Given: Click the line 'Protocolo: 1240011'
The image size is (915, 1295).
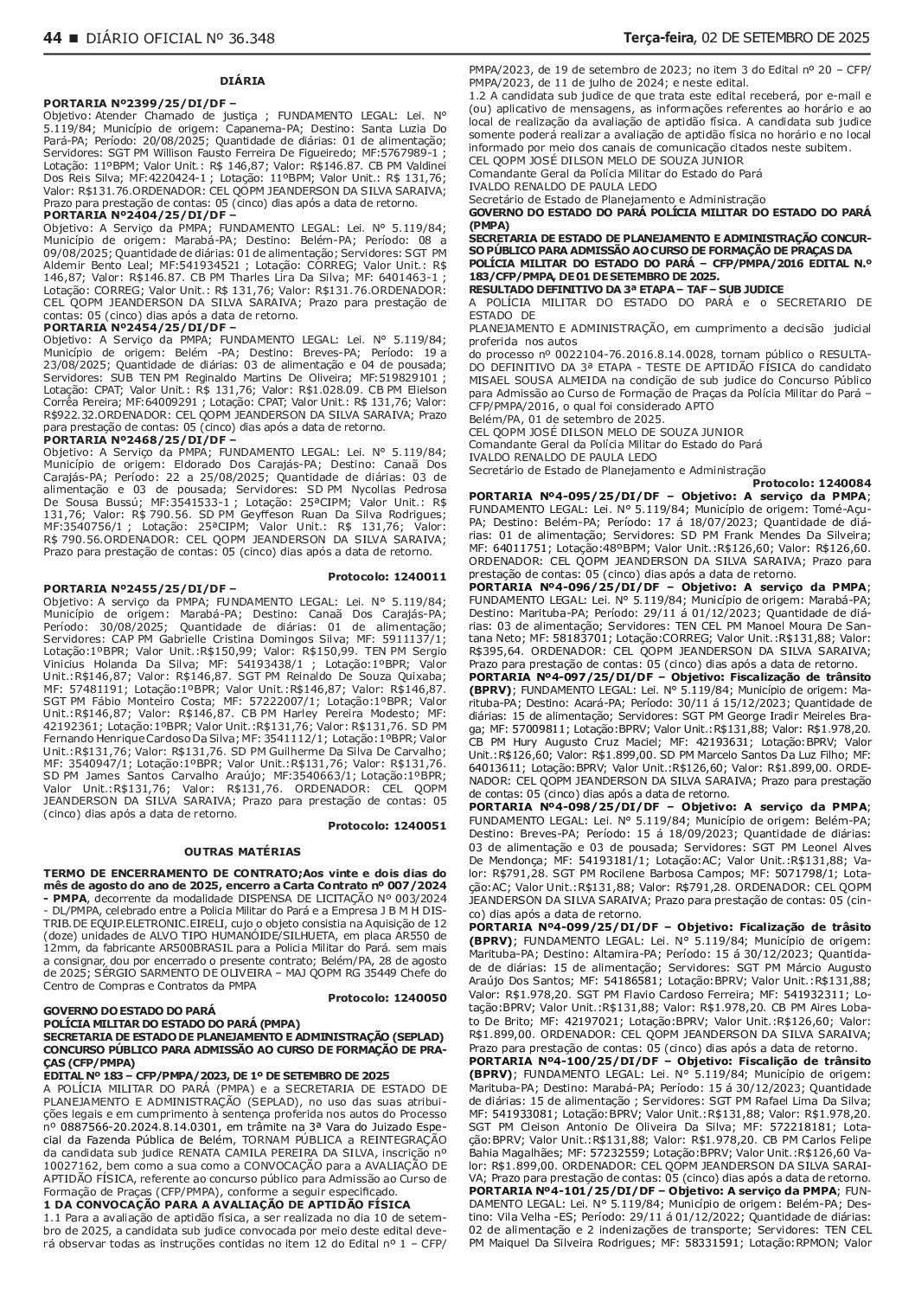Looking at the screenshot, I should (x=387, y=576).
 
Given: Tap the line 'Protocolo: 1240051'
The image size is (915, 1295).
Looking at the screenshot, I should (x=387, y=825).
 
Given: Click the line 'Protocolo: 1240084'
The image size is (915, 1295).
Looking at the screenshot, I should (x=812, y=482).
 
